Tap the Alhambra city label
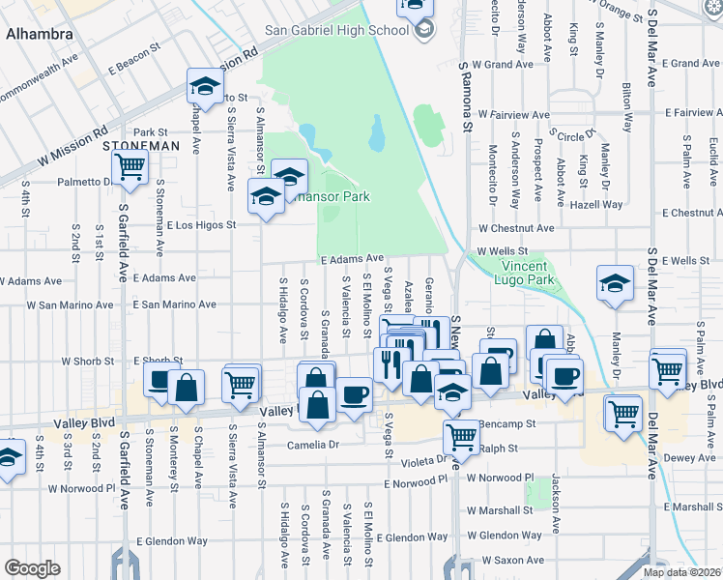[x=39, y=34]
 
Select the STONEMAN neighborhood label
[x=141, y=146]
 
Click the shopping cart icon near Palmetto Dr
[x=129, y=166]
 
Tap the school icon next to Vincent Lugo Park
[x=614, y=284]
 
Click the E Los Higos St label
[x=201, y=225]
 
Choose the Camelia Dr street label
[x=315, y=446]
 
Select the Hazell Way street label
[x=596, y=205]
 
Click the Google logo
[x=32, y=568]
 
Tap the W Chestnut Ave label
[x=516, y=229]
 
